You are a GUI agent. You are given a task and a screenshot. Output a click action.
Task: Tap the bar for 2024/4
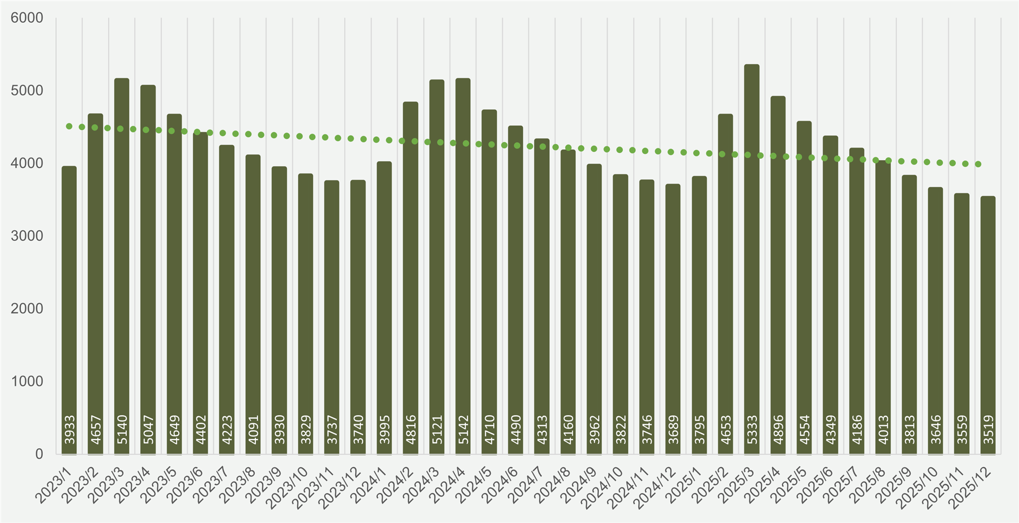point(463,266)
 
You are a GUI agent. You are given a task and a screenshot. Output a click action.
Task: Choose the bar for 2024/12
point(673,319)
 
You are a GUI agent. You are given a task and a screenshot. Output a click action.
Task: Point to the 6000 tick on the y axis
point(27,18)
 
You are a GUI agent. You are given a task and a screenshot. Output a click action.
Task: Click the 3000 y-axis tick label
point(27,236)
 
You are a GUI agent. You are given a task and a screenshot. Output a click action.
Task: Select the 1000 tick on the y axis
point(27,381)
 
